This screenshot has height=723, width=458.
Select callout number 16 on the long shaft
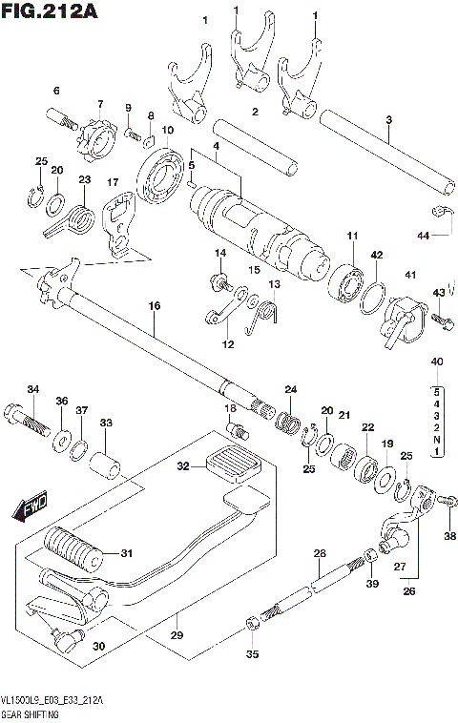(154, 306)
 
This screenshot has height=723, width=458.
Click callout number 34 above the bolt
(32, 388)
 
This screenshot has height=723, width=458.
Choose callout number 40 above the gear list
(437, 361)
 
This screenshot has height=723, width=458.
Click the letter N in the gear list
(437, 441)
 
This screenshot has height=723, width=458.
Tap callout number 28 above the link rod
(320, 553)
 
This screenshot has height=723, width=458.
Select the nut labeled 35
(251, 625)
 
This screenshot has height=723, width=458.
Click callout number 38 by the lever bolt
(450, 535)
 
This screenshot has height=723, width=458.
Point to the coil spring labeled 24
(289, 418)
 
